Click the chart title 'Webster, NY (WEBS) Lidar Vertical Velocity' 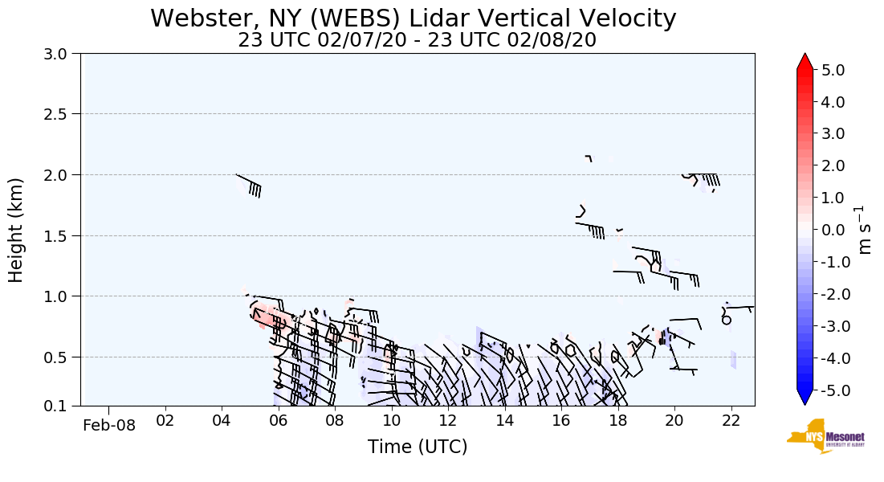[x=413, y=18]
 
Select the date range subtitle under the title [x=417, y=40]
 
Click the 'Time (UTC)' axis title [x=418, y=447]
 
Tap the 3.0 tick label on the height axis [x=61, y=54]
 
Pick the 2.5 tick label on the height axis [x=61, y=114]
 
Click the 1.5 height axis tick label [x=61, y=235]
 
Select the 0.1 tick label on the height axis [x=61, y=406]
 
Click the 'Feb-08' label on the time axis [x=109, y=425]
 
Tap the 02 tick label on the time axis [x=165, y=420]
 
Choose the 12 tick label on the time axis [x=448, y=420]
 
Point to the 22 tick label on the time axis [x=731, y=420]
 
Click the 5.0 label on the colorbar [x=833, y=70]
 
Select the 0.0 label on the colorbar [x=833, y=230]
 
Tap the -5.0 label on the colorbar [x=831, y=390]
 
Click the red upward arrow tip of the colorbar [x=805, y=60]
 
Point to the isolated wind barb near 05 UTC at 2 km [x=250, y=184]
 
